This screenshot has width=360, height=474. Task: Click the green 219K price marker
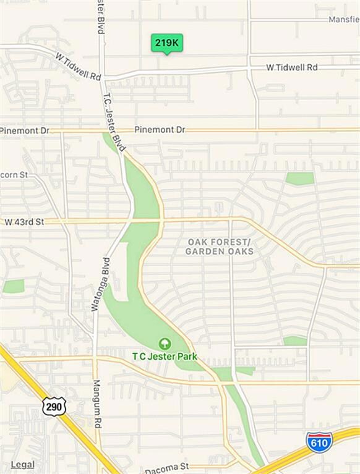167,43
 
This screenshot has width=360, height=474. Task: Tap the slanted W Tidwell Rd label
78,66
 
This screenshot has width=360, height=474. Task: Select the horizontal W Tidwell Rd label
291,67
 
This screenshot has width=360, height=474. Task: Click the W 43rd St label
24,221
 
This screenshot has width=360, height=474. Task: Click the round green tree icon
165,343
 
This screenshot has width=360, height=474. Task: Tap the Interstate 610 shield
319,441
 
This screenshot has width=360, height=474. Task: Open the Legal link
22,464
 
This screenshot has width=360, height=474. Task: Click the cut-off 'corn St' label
14,175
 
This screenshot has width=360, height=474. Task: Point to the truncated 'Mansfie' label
343,19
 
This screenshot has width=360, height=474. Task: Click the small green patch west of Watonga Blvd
13,286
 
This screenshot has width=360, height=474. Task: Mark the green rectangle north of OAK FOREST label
299,179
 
